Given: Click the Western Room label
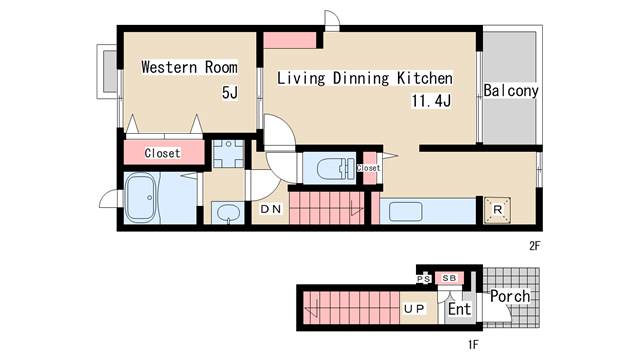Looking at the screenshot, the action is click(189, 67).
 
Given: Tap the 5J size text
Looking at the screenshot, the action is click(230, 93).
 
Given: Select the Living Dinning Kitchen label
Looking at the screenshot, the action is click(365, 78).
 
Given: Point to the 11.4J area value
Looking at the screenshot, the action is click(431, 100).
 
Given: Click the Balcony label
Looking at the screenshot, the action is click(511, 91).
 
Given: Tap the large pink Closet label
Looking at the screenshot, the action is click(162, 153).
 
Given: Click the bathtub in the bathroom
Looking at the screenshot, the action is click(140, 198).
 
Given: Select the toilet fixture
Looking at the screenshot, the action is click(335, 168).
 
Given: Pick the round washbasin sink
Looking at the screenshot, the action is click(227, 213).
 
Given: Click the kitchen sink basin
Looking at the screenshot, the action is click(405, 212).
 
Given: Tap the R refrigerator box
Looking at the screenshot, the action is click(497, 210).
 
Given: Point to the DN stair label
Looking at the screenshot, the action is click(271, 209).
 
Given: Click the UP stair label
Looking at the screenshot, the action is click(414, 309).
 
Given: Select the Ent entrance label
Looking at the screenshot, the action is click(460, 309).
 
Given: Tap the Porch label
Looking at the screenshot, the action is click(510, 296).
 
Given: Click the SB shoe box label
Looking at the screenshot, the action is click(449, 278).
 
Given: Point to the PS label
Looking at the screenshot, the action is click(424, 279).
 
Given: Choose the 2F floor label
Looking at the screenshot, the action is click(535, 246).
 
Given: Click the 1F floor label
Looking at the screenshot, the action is click(473, 345).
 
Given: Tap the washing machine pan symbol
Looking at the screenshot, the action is click(229, 154).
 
